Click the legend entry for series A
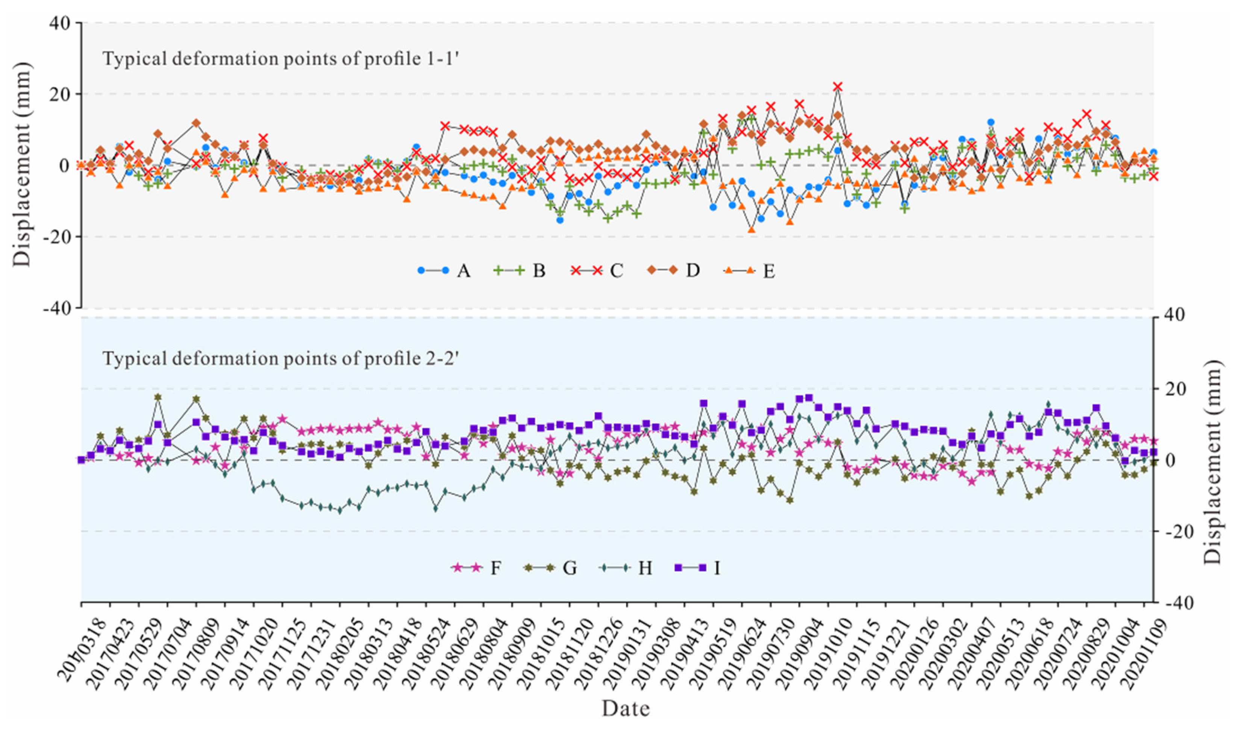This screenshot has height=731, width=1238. [443, 270]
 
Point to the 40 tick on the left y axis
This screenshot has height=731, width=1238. [62, 23]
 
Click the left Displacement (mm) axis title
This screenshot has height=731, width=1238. [22, 165]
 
